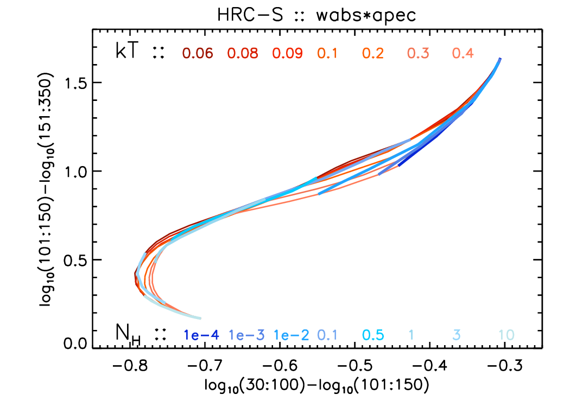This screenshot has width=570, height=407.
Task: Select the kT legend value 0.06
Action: tap(197, 53)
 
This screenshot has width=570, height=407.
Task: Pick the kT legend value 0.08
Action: tap(242, 53)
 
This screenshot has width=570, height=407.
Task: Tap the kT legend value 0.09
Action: tap(287, 53)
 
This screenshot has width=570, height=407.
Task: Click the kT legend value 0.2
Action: tap(373, 53)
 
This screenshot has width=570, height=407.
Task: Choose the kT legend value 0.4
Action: tap(463, 53)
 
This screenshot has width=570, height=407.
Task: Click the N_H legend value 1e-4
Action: tap(201, 335)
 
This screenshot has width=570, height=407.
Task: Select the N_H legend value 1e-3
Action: tap(247, 335)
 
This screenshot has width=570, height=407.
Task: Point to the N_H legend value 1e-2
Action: tap(292, 335)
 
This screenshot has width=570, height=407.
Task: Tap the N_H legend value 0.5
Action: tap(373, 335)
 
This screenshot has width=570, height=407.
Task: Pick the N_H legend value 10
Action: tap(506, 335)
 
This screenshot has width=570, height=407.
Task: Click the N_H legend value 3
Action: tap(457, 335)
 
